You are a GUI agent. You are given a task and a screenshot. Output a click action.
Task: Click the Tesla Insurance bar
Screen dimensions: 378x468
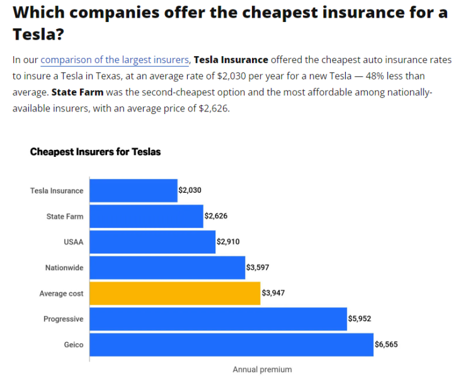134,190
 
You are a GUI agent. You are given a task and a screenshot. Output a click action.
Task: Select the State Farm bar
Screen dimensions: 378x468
146,216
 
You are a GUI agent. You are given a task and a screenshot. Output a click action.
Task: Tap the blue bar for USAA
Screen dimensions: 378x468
152,242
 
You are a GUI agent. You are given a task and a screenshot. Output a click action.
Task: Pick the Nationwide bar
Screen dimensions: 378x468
167,268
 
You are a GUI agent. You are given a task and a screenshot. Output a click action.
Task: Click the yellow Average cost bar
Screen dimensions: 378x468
174,294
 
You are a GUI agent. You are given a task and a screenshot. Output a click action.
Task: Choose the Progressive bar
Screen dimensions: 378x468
218,319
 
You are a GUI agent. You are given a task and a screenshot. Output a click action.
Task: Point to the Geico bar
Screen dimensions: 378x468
231,345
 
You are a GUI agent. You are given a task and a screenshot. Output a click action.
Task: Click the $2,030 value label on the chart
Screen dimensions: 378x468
190,190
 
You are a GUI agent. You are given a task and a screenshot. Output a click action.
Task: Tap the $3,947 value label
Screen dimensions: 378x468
273,294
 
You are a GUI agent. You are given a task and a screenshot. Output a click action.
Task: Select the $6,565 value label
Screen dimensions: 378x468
386,345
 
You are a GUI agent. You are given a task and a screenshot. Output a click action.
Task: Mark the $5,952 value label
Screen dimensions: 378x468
360,319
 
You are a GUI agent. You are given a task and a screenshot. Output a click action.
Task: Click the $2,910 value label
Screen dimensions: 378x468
228,242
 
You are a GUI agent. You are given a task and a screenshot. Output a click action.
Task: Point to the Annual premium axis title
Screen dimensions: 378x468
262,369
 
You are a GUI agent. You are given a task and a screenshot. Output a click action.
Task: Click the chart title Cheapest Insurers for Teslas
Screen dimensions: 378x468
95,152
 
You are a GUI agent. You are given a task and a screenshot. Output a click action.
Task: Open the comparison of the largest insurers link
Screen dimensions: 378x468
115,60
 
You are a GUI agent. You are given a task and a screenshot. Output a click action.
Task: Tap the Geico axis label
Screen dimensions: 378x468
73,345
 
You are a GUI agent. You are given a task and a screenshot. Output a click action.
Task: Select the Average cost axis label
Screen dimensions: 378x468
61,294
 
